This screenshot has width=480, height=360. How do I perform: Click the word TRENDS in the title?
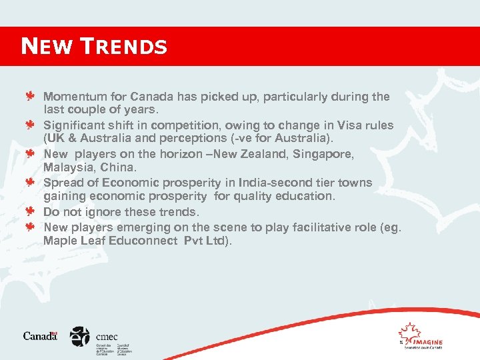click(x=125, y=46)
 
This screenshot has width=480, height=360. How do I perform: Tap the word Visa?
click(x=349, y=125)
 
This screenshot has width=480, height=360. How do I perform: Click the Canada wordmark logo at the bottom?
click(x=40, y=335)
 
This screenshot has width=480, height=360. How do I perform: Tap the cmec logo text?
click(x=107, y=337)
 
